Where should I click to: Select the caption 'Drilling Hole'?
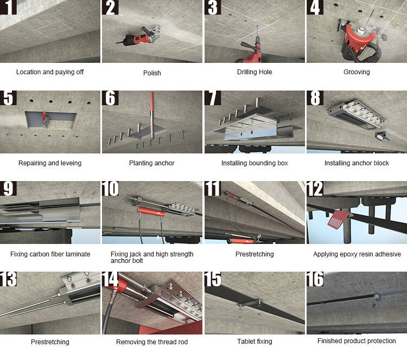pyautogui.click(x=255, y=72)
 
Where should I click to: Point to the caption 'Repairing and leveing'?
pyautogui.click(x=50, y=163)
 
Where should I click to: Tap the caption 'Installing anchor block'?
pyautogui.click(x=357, y=163)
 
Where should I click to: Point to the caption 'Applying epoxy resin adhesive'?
pyautogui.click(x=357, y=254)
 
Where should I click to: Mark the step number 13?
pyautogui.click(x=9, y=280)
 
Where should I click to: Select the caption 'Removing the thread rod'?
pyautogui.click(x=152, y=342)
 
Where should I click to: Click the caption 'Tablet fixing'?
pyautogui.click(x=255, y=342)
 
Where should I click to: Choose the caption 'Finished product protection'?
pyautogui.click(x=357, y=341)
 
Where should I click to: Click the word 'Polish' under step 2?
pyautogui.click(x=152, y=73)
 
